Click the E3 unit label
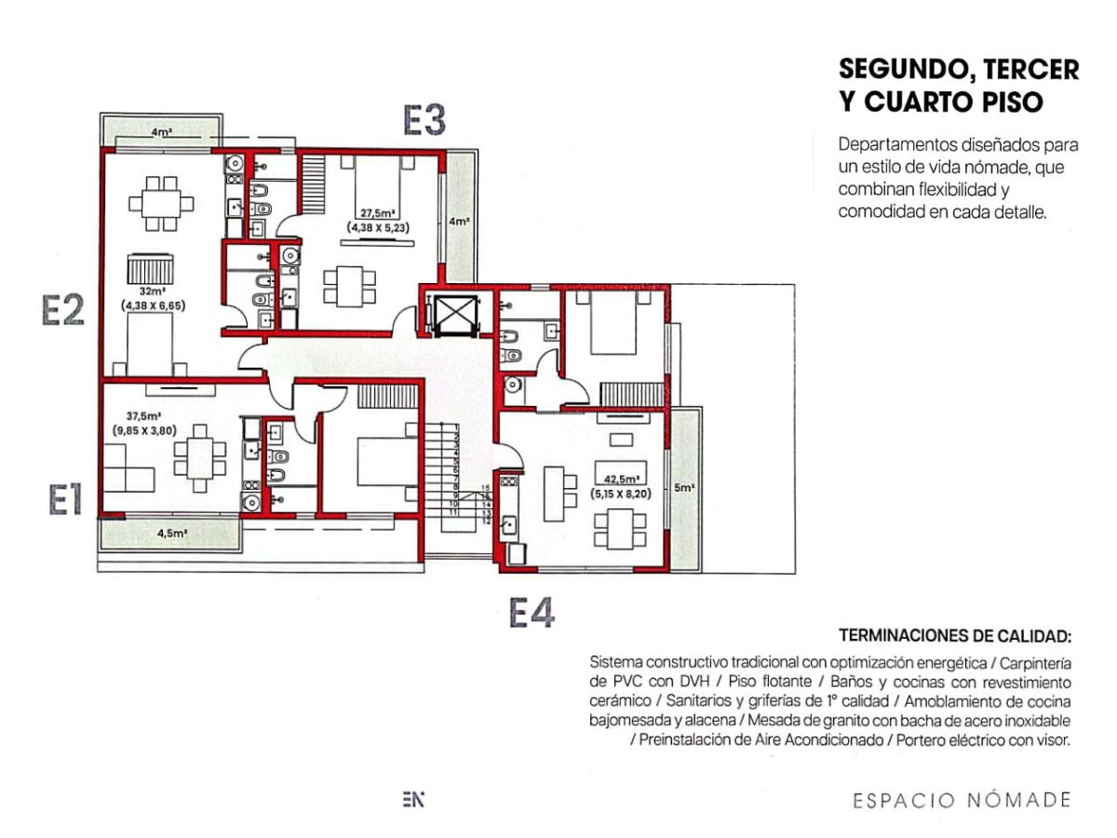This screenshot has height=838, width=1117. (x=424, y=120)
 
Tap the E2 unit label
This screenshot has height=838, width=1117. (x=62, y=310)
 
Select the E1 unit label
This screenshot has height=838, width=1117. (x=65, y=500)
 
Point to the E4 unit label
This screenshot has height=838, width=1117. (x=532, y=612)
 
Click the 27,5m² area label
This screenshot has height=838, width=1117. (x=378, y=214)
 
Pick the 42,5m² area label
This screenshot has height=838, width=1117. (x=621, y=479)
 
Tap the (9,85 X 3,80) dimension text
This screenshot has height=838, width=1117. (x=144, y=430)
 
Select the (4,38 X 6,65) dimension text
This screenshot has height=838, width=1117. (x=153, y=305)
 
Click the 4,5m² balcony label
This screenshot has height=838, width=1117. (x=172, y=534)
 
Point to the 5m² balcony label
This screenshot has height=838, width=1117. (x=684, y=487)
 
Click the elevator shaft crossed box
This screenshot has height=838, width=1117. (x=454, y=316)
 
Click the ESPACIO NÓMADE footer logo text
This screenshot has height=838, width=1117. (x=962, y=801)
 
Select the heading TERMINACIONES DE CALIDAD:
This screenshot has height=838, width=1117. (x=955, y=636)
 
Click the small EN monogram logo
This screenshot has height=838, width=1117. (x=412, y=800)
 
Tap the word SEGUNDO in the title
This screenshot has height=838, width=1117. (x=908, y=70)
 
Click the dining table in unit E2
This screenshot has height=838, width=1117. (x=161, y=204)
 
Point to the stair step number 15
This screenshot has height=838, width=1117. (x=485, y=488)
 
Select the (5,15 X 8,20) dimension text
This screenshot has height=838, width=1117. (x=620, y=493)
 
